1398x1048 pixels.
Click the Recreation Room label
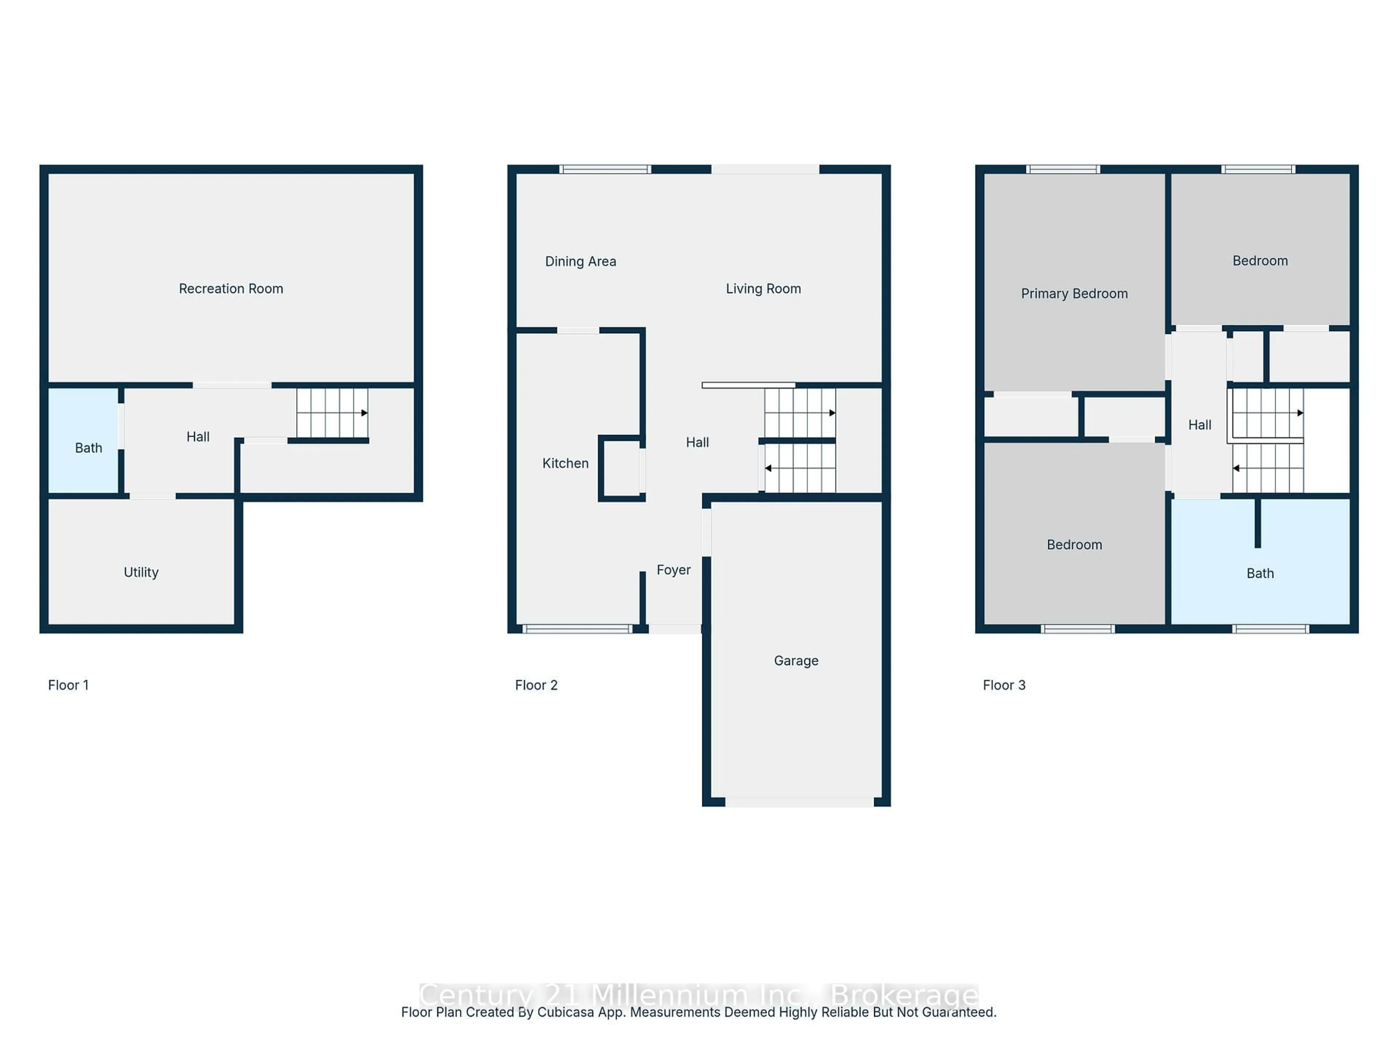tap(231, 289)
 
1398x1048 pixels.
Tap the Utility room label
tap(141, 572)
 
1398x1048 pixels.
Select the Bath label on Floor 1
tap(88, 448)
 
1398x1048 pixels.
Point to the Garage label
tap(796, 661)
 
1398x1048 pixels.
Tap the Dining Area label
tap(580, 262)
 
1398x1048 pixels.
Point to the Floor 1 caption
tap(68, 686)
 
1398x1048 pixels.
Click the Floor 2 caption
tap(536, 686)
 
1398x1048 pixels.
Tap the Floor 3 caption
tap(1004, 686)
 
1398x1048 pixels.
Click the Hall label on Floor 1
tap(198, 437)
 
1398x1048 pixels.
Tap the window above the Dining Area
tap(605, 169)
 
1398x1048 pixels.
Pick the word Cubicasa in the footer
tap(562, 1013)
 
